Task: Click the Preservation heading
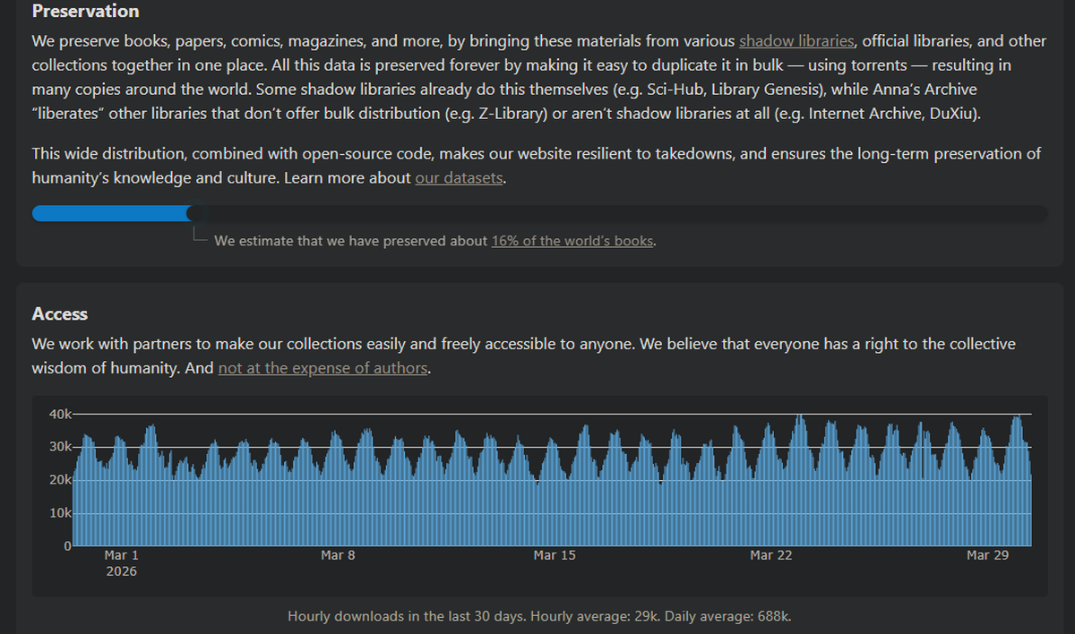(85, 12)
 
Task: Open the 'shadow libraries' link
(796, 41)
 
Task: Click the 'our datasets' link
(460, 177)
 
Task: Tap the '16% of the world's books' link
(572, 241)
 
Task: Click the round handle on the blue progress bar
(194, 213)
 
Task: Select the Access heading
(59, 314)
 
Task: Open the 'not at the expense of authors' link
(323, 368)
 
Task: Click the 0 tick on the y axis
(66, 545)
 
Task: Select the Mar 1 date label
(121, 556)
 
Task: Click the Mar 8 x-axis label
(338, 556)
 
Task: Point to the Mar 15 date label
(555, 556)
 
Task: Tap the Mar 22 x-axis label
(771, 556)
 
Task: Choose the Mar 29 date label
(988, 556)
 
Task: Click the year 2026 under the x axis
(121, 571)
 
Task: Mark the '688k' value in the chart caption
(773, 617)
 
